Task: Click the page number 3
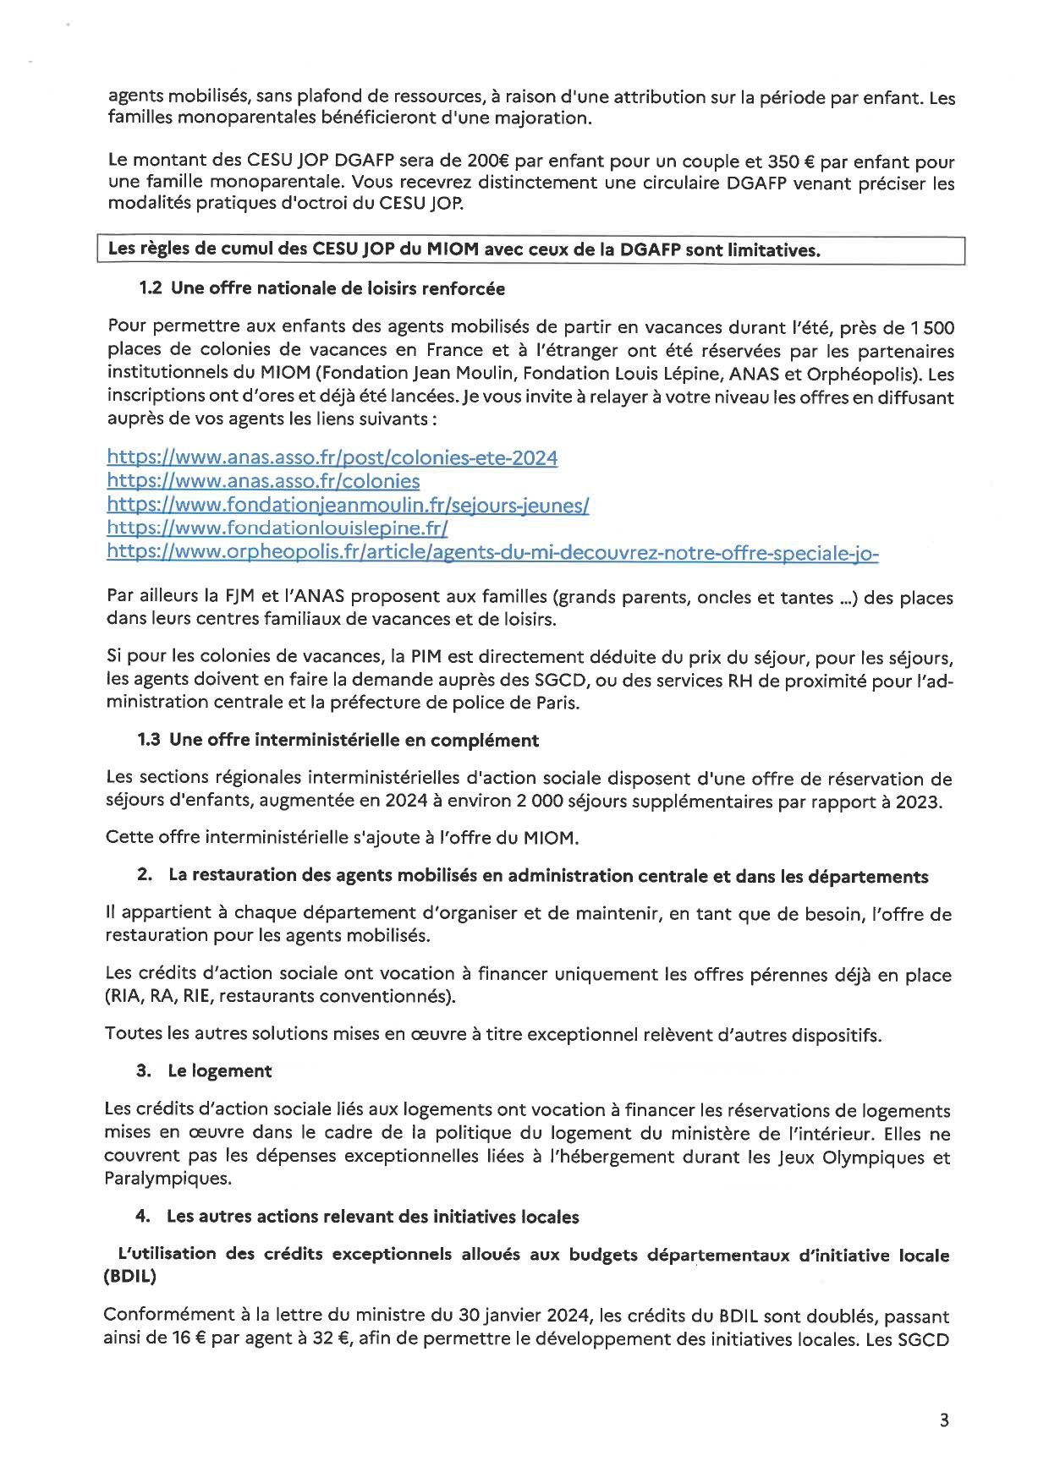point(944,1420)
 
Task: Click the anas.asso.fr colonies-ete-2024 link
point(332,457)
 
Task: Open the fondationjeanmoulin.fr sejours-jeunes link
point(348,505)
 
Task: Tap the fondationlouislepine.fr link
point(277,528)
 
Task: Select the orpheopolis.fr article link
point(492,552)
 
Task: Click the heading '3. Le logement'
point(204,1070)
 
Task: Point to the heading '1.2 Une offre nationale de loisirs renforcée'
point(321,288)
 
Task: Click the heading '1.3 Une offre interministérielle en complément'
point(338,740)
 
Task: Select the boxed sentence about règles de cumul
point(464,249)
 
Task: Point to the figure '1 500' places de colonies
point(932,327)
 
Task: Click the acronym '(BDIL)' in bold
point(129,1277)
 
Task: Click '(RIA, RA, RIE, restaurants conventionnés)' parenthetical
point(280,996)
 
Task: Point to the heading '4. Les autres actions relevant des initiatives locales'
point(357,1217)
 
